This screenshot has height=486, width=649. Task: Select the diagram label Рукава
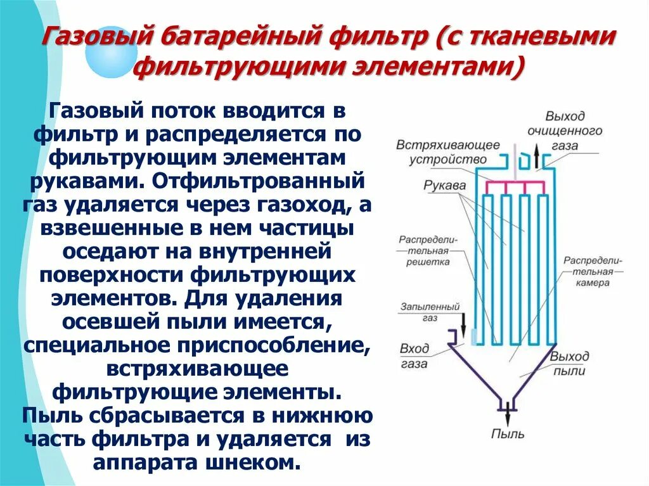[x=446, y=186]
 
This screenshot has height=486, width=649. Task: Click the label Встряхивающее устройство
[x=448, y=152]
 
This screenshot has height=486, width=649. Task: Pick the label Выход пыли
[x=569, y=363]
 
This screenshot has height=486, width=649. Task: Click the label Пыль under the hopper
[x=508, y=434]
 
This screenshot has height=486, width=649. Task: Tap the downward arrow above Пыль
[x=508, y=414]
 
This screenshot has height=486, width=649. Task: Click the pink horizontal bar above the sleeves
[x=515, y=183]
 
